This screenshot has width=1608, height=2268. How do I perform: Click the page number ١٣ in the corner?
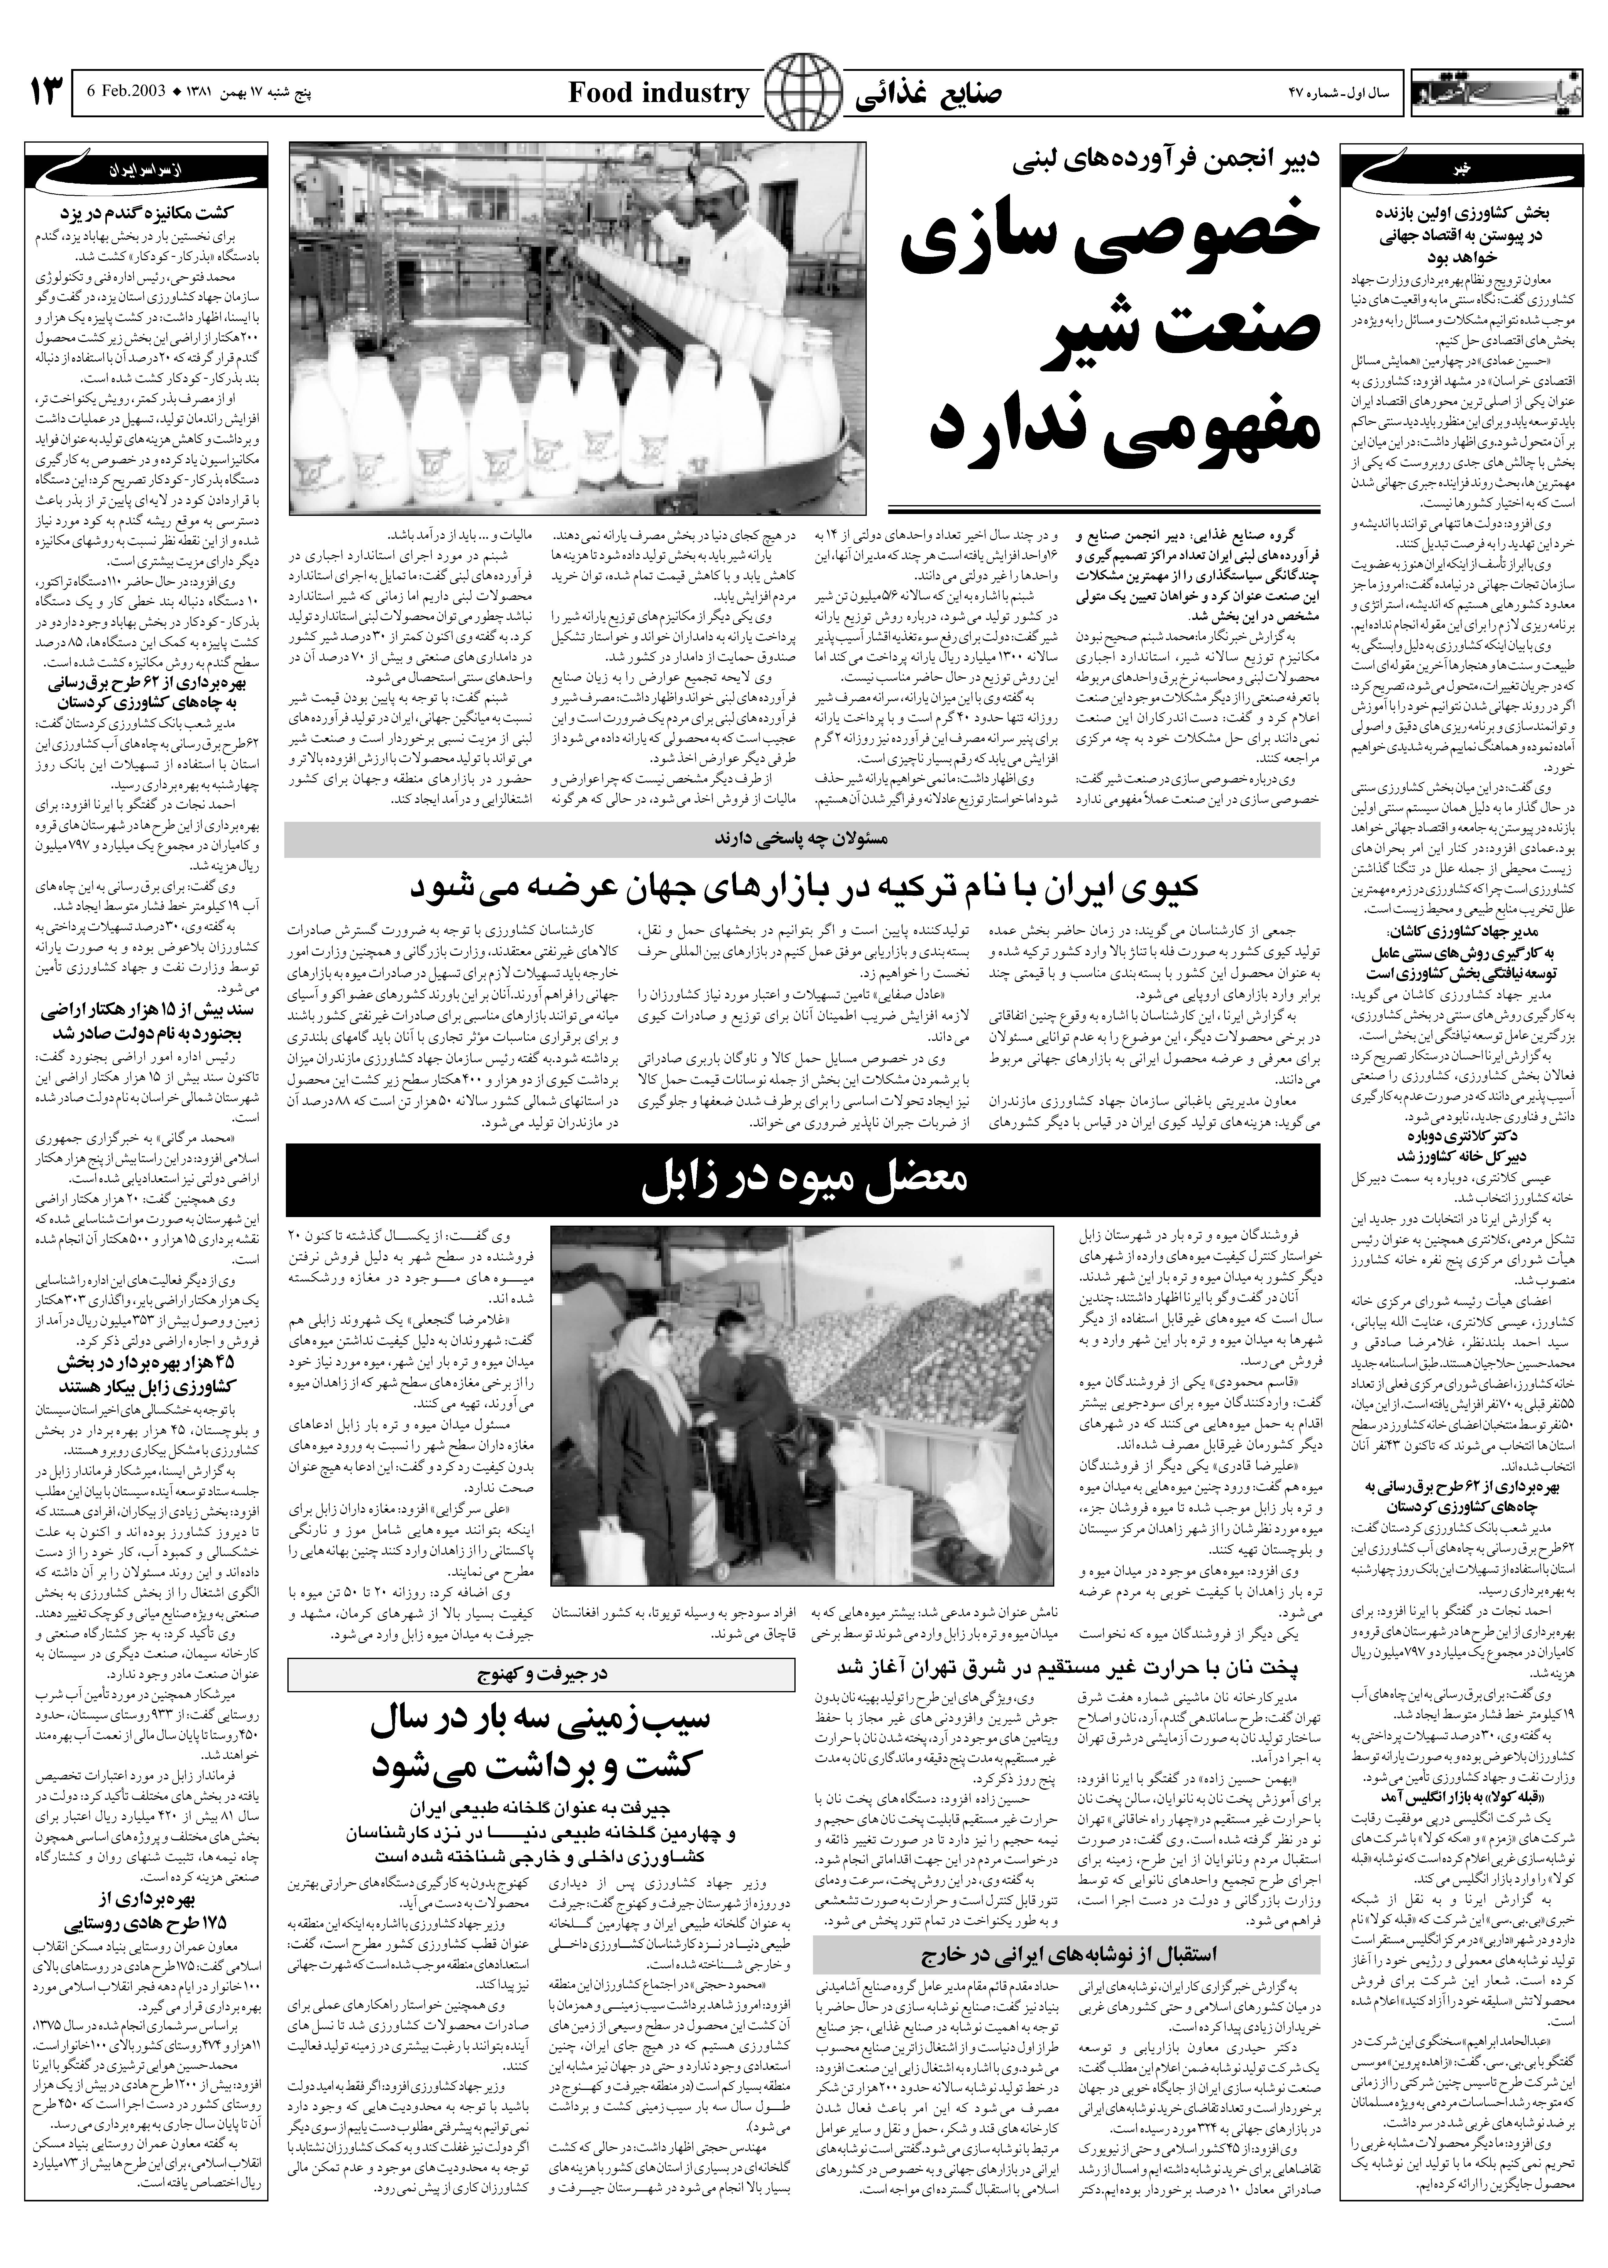click(x=46, y=94)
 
